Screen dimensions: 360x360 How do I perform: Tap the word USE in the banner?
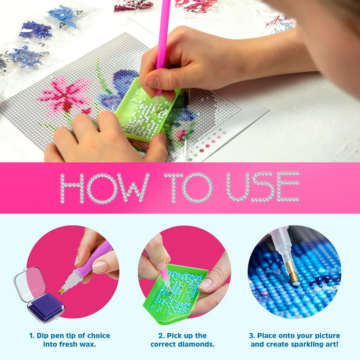click(263, 187)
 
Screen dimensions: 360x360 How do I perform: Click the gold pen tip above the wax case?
click(61, 291)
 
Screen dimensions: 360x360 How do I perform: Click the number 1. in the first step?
click(32, 336)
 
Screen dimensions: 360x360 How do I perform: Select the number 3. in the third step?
click(252, 336)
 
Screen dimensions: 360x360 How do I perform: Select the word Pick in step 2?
click(174, 336)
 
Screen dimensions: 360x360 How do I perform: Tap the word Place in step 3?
click(267, 336)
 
